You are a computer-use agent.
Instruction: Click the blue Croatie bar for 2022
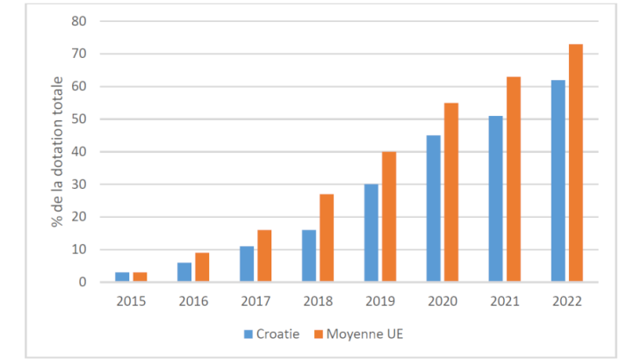coord(558,181)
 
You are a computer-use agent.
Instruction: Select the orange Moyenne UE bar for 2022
coord(576,163)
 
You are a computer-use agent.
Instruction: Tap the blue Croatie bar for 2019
coord(371,234)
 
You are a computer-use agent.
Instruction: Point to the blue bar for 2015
coord(122,277)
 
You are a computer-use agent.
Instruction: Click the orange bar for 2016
coord(202,268)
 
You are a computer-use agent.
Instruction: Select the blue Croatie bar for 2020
coord(434,209)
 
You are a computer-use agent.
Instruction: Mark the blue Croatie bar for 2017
coord(247,264)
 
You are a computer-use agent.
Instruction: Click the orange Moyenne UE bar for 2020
coord(451,192)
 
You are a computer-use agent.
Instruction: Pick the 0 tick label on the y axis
coord(83,283)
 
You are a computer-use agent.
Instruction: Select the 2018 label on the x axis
coord(318,301)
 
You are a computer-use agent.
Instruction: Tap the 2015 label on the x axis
coord(131,301)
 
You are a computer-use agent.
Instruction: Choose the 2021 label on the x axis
coord(505,301)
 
